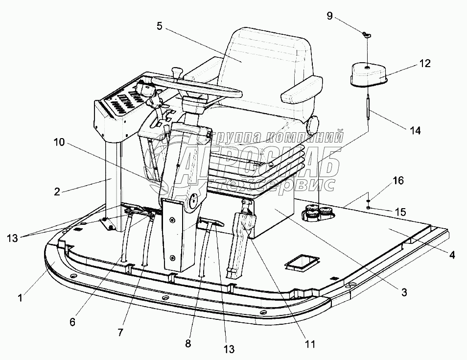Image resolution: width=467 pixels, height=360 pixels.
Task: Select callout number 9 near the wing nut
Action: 329,17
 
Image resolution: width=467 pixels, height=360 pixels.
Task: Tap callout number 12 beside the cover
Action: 424,63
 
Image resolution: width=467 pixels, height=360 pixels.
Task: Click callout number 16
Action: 398,181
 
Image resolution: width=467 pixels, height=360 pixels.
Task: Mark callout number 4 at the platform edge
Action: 452,255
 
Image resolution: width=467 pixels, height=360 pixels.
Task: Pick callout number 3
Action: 404,293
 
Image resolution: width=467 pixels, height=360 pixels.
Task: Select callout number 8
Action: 187,343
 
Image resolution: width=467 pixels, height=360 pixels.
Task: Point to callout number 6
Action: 72,322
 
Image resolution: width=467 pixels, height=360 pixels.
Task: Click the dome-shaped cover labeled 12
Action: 368,73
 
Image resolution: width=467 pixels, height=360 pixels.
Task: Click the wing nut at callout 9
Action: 367,34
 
